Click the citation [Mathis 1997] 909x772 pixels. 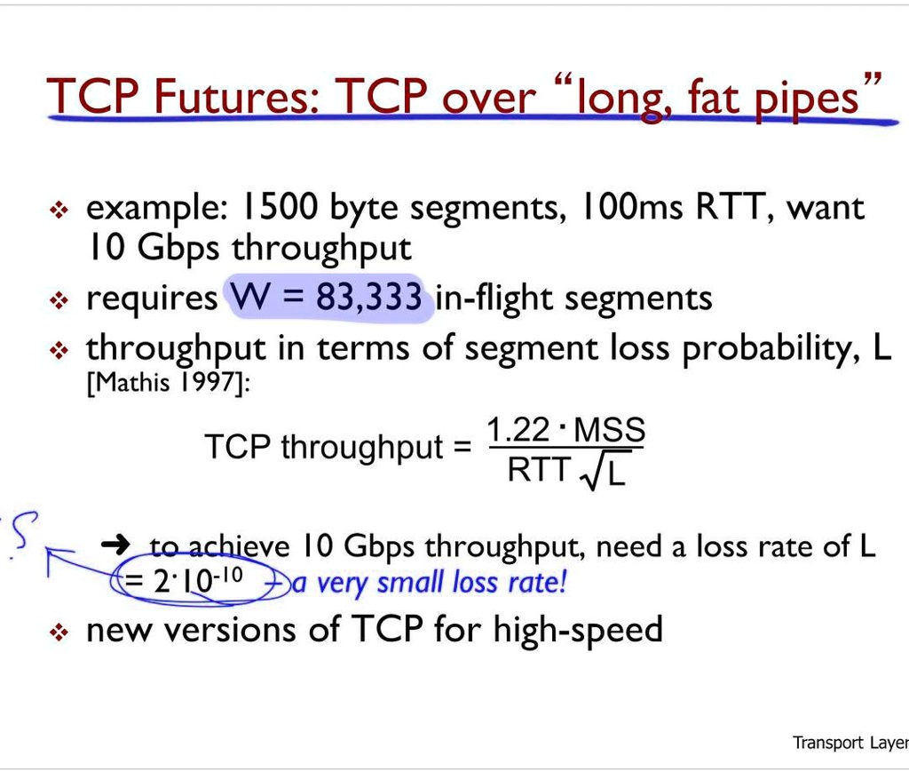[x=164, y=384]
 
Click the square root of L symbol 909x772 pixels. [x=604, y=473]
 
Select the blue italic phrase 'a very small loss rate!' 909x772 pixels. [x=429, y=584]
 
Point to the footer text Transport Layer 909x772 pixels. [x=850, y=743]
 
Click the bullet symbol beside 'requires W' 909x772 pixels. [x=59, y=300]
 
